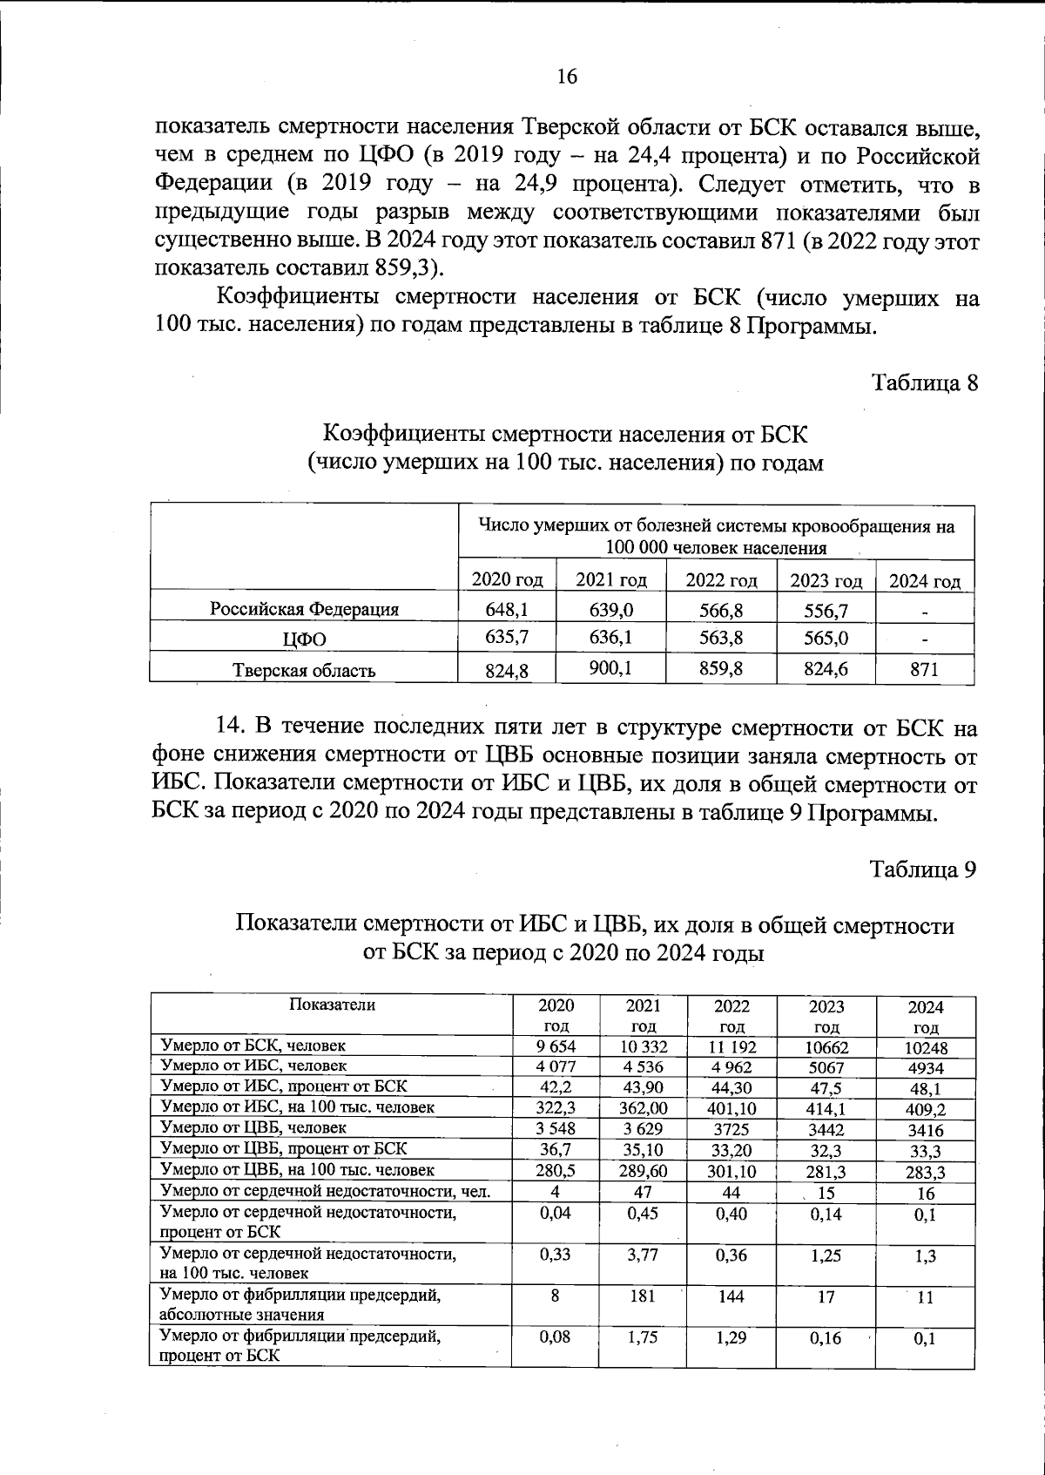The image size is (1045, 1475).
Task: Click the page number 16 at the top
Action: coord(566,77)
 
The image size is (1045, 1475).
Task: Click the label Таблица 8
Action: coord(925,382)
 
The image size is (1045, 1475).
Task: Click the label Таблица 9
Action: coord(924,869)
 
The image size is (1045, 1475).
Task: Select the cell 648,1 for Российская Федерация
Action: coord(507,609)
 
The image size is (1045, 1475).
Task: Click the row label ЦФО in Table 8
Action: coord(304,639)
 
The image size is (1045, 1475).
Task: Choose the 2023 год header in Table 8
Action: coord(825,580)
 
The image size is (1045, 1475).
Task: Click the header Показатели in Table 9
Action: coord(332,1005)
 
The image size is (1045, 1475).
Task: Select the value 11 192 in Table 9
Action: coord(731,1046)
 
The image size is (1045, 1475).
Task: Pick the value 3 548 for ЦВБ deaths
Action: coord(555,1128)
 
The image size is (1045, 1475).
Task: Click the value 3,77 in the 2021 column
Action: coord(642,1255)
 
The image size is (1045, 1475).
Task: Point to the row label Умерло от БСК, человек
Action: coord(253,1045)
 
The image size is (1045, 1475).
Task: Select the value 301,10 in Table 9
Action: coord(731,1170)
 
